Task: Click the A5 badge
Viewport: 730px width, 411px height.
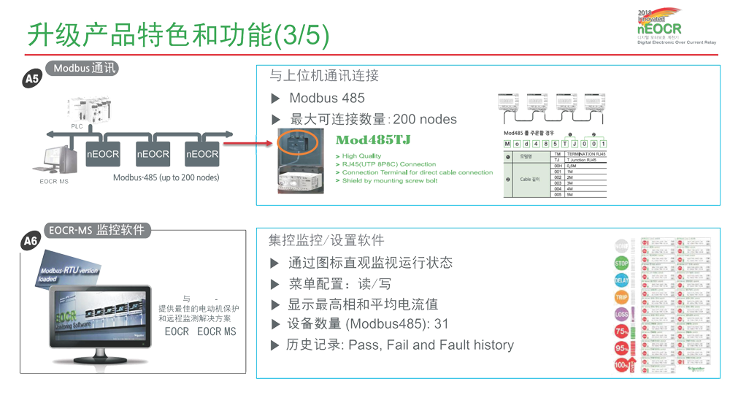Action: [31, 78]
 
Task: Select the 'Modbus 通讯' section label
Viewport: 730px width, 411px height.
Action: [81, 68]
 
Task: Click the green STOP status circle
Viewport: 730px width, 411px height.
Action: [621, 264]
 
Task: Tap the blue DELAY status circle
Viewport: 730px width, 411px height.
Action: [621, 280]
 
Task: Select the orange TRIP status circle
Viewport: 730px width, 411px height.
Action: [621, 297]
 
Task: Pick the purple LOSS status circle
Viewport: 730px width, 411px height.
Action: [621, 314]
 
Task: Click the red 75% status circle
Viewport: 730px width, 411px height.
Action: [621, 331]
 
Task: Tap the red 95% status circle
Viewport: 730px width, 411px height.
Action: [621, 348]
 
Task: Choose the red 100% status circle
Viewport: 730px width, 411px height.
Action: [621, 364]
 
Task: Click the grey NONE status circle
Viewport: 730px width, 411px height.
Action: [621, 247]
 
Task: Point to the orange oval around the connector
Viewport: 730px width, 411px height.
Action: [297, 142]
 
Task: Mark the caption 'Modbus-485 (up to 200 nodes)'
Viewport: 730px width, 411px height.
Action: [166, 177]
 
